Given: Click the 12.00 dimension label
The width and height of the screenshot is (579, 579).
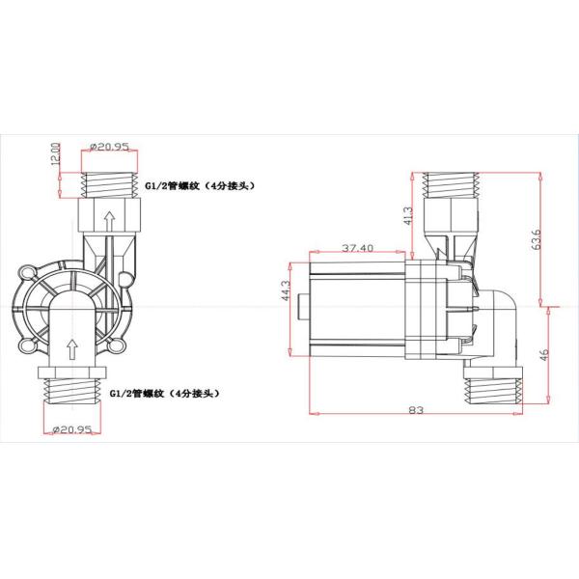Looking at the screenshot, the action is click(55, 154).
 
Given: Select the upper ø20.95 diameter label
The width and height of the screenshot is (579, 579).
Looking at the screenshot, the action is click(110, 147).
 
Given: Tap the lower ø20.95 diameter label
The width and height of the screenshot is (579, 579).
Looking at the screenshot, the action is click(71, 429).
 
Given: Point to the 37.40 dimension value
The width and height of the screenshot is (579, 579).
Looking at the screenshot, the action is click(357, 248).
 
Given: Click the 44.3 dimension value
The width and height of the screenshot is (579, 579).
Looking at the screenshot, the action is click(287, 290).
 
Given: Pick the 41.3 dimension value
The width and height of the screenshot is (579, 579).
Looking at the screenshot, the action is click(408, 215).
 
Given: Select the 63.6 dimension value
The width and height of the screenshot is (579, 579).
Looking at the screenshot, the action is click(537, 239).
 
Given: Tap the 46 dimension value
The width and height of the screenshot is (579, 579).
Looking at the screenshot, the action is click(544, 355).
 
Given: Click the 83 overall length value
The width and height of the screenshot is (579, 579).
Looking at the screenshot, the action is click(416, 410).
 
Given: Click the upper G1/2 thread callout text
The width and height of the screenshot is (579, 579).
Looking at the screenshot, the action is click(200, 185).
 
